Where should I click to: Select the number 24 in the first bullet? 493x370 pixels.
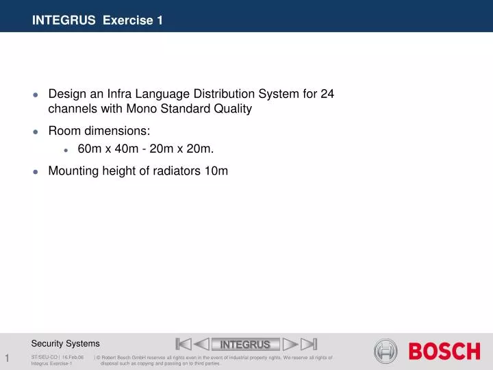(x=327, y=94)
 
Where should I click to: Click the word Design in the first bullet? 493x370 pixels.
(x=66, y=94)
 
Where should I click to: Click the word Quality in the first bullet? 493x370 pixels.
(x=232, y=109)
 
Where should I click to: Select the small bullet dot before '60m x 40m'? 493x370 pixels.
(x=66, y=149)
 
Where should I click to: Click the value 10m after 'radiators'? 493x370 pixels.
(x=216, y=171)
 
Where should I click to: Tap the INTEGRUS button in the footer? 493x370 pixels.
(x=245, y=344)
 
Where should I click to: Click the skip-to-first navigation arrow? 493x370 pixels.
(x=183, y=344)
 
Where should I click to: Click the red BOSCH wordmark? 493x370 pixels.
(x=444, y=351)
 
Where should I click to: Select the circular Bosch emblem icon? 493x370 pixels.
(x=385, y=351)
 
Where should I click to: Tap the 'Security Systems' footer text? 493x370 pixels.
(x=65, y=343)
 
